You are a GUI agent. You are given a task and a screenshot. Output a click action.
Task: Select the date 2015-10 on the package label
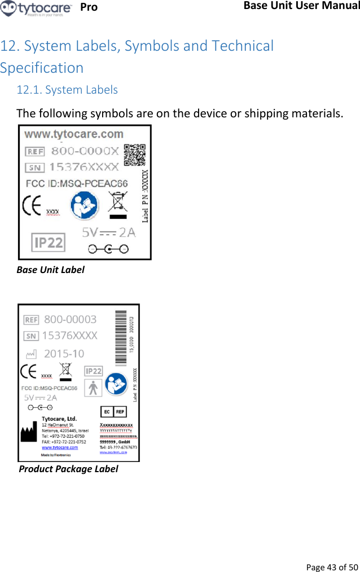pyautogui.click(x=64, y=354)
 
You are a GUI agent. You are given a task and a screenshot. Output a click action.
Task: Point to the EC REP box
pyautogui.click(x=113, y=412)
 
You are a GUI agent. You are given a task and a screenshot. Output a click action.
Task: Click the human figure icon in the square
pyautogui.click(x=93, y=388)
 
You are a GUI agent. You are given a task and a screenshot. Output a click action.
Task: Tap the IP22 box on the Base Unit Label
pyautogui.click(x=49, y=243)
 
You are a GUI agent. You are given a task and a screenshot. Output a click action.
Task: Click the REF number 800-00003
pyautogui.click(x=70, y=319)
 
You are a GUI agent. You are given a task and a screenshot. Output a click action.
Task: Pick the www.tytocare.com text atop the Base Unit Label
pyautogui.click(x=74, y=134)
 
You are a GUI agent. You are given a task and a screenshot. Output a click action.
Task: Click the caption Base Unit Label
pyautogui.click(x=50, y=270)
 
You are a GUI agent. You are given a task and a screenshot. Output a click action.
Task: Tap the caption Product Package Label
pyautogui.click(x=68, y=469)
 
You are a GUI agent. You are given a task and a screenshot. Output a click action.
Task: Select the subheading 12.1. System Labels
pyautogui.click(x=67, y=90)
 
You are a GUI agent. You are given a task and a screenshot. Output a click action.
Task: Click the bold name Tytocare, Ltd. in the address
pyautogui.click(x=59, y=419)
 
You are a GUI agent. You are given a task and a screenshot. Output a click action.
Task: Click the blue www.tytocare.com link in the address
pyautogui.click(x=60, y=447)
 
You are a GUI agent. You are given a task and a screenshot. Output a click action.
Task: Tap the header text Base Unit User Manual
pyautogui.click(x=302, y=6)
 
